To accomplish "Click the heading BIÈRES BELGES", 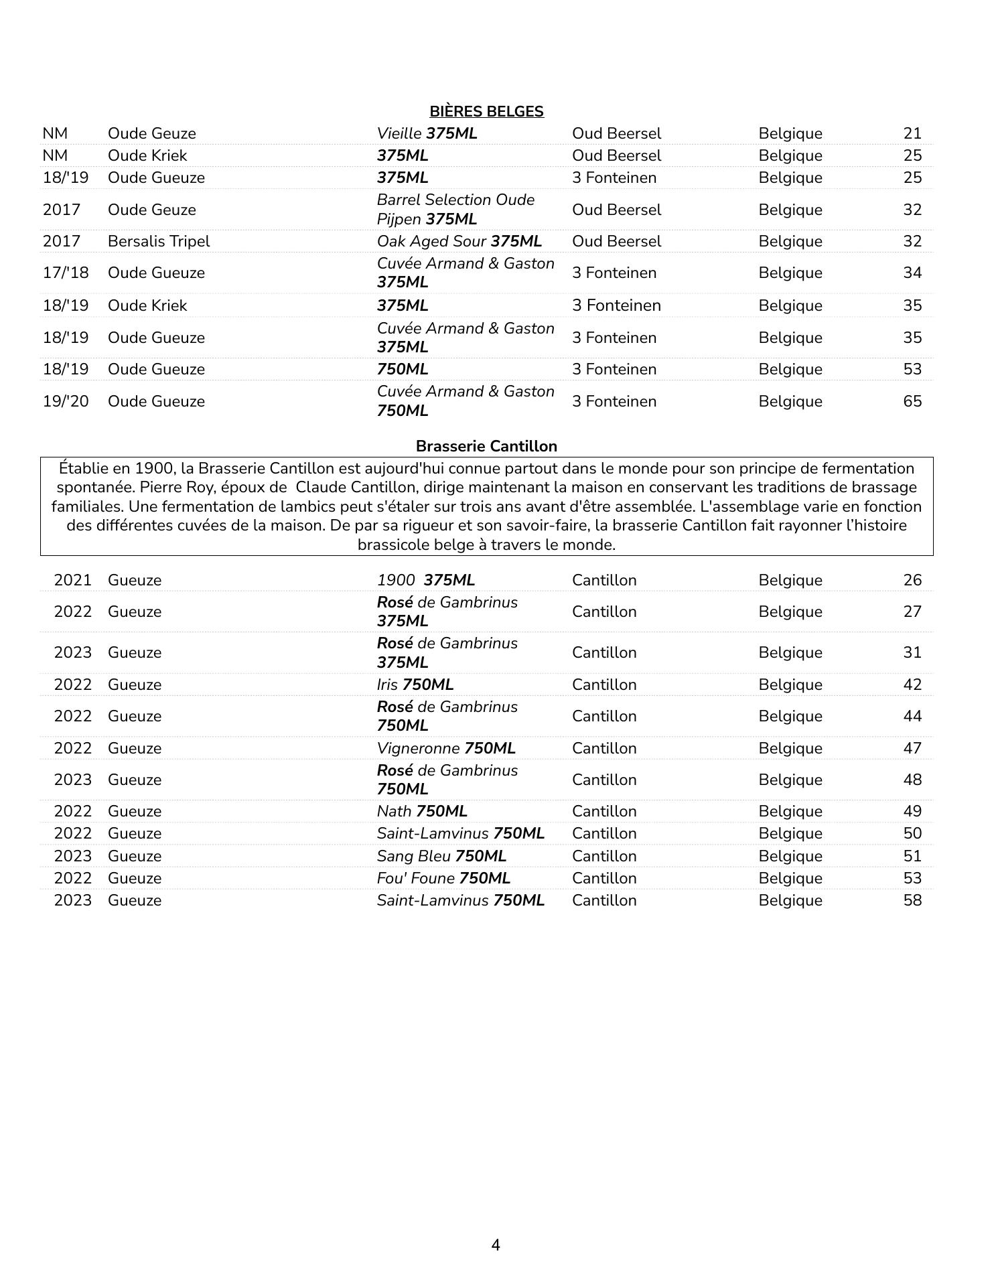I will click(486, 111).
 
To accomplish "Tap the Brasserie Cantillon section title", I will click(486, 446).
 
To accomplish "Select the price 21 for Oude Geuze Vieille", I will click(912, 133).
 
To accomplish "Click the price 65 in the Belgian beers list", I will click(912, 401).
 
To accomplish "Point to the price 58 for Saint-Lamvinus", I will click(912, 900).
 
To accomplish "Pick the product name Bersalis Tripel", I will click(159, 241).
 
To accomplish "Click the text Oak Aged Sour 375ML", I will click(459, 241).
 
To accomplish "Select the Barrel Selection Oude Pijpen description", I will click(455, 209).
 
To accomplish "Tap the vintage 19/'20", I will click(66, 401).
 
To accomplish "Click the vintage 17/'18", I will click(66, 273).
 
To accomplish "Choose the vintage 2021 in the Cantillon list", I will click(72, 580).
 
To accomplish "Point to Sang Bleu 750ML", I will click(441, 856).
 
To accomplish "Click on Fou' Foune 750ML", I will click(443, 878).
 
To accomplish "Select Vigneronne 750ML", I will click(446, 748).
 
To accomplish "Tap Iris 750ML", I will click(415, 685).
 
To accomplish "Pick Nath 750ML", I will click(422, 811).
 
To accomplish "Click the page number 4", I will click(496, 1245).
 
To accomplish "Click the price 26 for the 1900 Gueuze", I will click(912, 580).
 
